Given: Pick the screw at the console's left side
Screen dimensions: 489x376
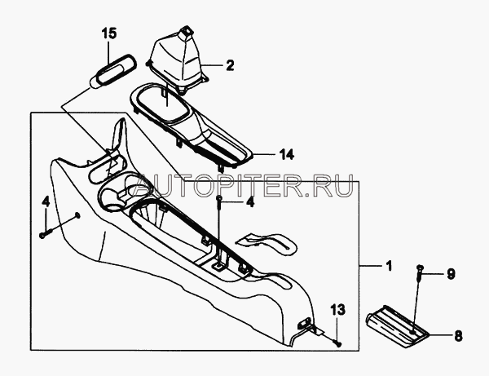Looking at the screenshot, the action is pyautogui.click(x=42, y=235).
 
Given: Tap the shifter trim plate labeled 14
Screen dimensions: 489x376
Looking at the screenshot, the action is pyautogui.click(x=196, y=122).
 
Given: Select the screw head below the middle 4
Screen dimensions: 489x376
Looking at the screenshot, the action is pyautogui.click(x=221, y=201).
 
